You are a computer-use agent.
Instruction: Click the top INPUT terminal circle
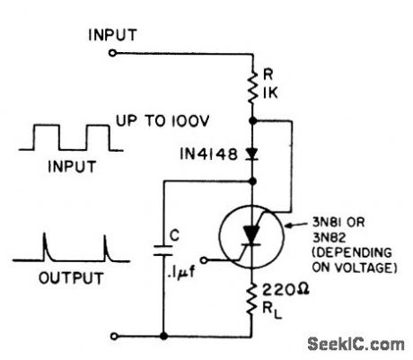click(112, 54)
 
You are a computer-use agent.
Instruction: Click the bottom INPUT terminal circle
click(112, 338)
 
